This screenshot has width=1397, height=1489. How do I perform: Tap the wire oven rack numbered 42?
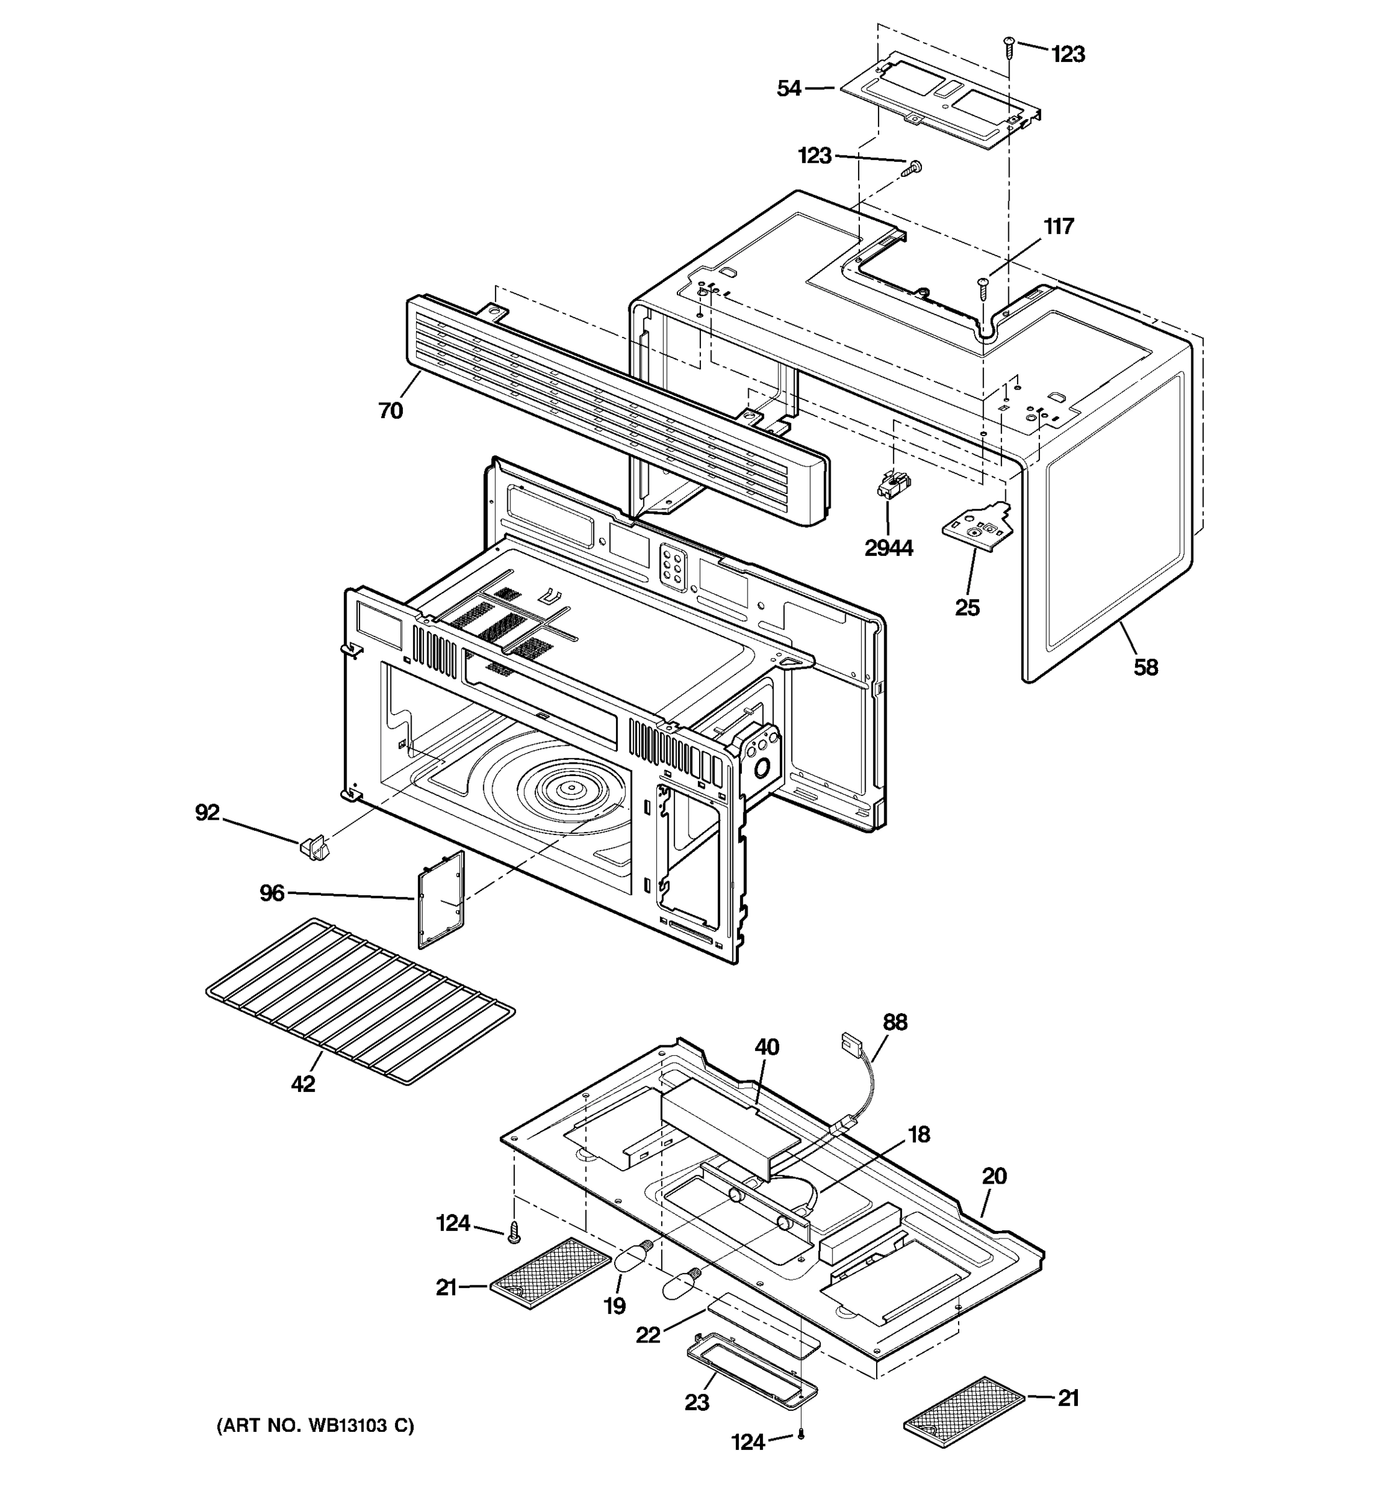(359, 1000)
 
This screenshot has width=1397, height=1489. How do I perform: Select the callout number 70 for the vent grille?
(391, 411)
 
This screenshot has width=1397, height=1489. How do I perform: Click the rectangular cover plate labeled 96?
(441, 900)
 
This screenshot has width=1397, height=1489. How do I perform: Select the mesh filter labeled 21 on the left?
(551, 1272)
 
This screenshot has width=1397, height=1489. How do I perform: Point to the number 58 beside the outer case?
(1145, 666)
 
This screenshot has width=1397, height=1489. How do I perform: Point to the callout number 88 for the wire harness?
(895, 1022)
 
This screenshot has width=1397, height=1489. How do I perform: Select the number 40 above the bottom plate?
(767, 1047)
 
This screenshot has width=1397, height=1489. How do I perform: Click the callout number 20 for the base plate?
(994, 1176)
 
